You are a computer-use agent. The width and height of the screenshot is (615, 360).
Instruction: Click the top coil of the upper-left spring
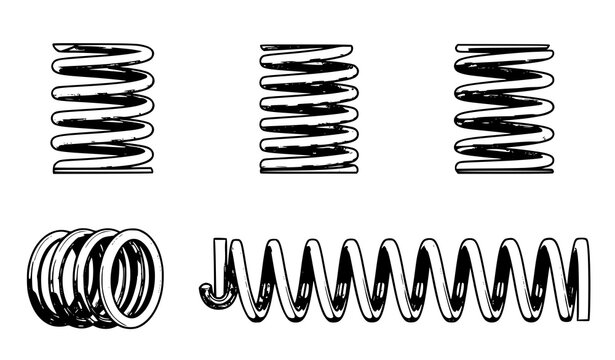[103, 48]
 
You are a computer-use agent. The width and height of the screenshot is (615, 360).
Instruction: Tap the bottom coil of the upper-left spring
[103, 165]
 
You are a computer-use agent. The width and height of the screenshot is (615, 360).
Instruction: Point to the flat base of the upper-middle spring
[307, 168]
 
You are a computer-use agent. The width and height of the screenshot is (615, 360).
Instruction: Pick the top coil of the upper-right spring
[503, 48]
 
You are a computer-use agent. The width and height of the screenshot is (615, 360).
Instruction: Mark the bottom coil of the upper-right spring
[503, 167]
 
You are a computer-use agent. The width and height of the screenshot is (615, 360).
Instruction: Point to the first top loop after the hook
[247, 246]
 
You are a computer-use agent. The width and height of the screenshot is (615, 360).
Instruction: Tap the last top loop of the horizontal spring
[549, 245]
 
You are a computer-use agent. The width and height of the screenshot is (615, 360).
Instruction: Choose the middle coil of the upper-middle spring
[307, 108]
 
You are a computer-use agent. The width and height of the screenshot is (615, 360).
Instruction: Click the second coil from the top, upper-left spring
[103, 70]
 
